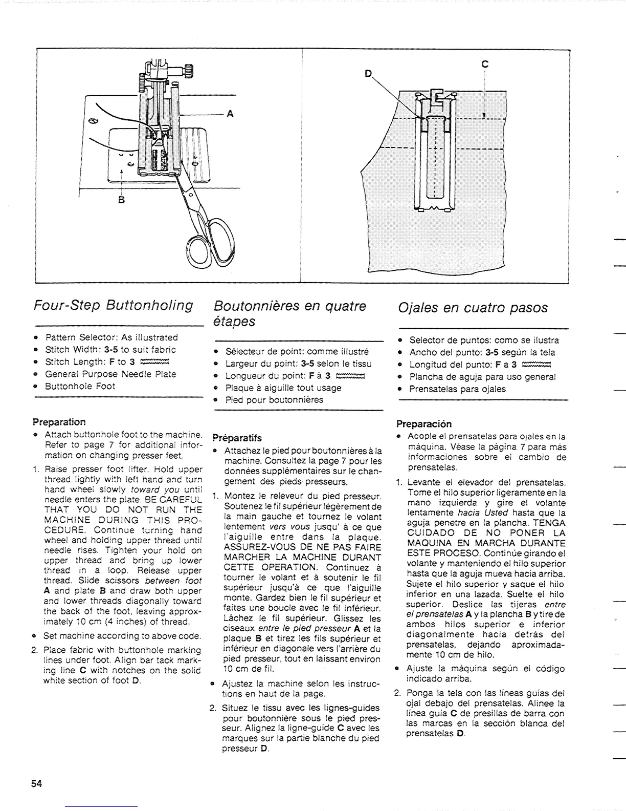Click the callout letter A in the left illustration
tap(230, 114)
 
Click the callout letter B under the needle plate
tap(121, 199)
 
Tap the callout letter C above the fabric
tap(485, 64)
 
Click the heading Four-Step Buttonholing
tap(113, 306)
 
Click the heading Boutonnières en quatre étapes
tap(289, 313)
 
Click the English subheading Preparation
tap(59, 422)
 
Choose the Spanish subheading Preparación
tap(424, 424)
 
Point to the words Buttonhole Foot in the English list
tap(80, 386)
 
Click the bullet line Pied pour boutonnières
tap(274, 399)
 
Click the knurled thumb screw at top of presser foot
tap(189, 70)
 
